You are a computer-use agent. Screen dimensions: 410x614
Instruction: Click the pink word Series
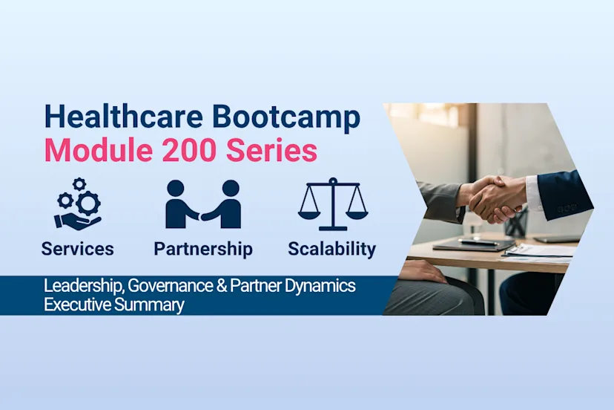273,151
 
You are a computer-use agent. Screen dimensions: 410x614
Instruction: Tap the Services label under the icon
77,248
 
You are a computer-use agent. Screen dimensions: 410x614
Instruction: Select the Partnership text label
203,248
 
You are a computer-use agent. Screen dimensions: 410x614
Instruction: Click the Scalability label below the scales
331,248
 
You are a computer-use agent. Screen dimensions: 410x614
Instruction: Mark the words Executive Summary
113,305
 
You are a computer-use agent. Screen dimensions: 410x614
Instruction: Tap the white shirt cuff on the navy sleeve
533,195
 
